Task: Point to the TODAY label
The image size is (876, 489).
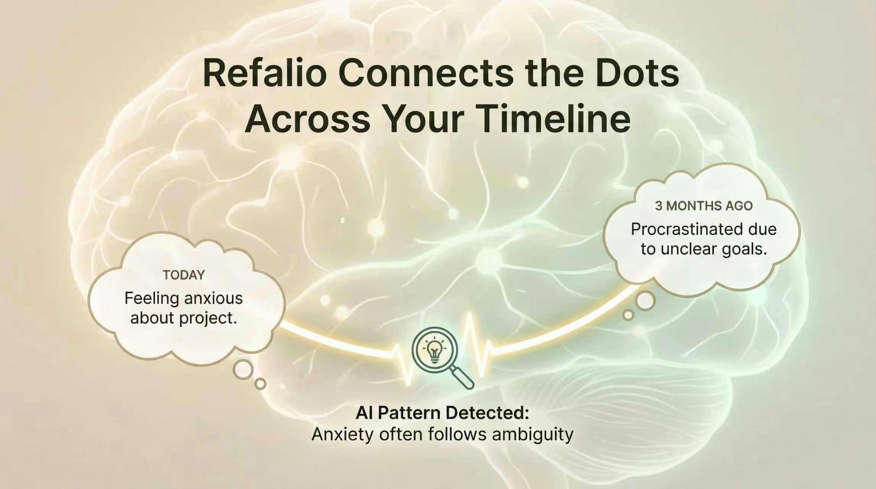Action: pyautogui.click(x=184, y=275)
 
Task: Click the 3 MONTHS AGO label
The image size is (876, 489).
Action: pyautogui.click(x=703, y=206)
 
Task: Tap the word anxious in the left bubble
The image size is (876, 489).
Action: pyautogui.click(x=212, y=298)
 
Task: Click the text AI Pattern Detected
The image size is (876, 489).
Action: pyautogui.click(x=442, y=413)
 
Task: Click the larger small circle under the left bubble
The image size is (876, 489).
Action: pyautogui.click(x=243, y=369)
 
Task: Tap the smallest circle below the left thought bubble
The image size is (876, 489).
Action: pyautogui.click(x=260, y=384)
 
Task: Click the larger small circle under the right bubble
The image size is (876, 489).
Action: pyautogui.click(x=645, y=301)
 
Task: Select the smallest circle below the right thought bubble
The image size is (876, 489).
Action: pyautogui.click(x=628, y=315)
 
